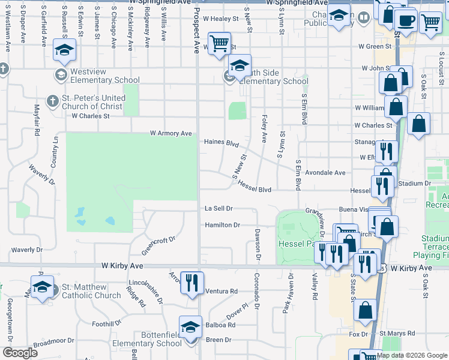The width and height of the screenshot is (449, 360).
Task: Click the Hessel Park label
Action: pos(295,244)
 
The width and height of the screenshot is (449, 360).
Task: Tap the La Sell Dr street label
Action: pos(218,208)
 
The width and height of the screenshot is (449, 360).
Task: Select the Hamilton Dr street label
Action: pos(222,225)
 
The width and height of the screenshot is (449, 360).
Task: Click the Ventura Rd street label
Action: pos(221,291)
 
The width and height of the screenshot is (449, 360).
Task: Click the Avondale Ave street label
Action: pos(325,172)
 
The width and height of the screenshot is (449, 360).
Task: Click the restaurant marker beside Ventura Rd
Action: pos(192,282)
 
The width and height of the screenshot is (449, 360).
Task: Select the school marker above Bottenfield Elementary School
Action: pos(190,327)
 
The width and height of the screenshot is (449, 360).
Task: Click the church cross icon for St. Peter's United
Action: pos(52,101)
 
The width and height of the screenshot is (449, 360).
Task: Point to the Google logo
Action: pos(20,353)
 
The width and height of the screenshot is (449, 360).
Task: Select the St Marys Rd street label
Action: pos(397,333)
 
